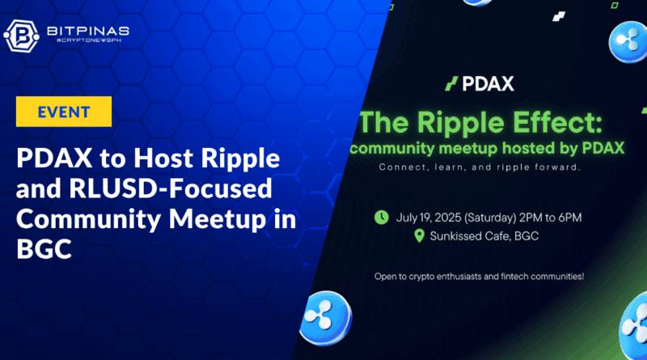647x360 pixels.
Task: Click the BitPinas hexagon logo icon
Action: click(22, 36)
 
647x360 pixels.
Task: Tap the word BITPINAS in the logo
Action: click(88, 31)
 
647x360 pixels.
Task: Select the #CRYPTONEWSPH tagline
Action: click(89, 40)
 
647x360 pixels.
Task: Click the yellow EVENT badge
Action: click(64, 112)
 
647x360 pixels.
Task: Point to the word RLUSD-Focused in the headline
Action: click(171, 188)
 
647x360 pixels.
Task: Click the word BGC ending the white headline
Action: click(44, 249)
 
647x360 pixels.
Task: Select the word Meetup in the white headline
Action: click(218, 219)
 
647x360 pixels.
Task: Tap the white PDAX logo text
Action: click(488, 84)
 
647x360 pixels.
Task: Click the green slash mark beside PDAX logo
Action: click(451, 84)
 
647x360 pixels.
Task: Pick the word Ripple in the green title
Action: click(460, 124)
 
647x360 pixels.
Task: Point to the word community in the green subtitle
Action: click(392, 149)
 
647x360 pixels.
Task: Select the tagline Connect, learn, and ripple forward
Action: click(480, 167)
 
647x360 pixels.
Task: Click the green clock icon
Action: click(381, 217)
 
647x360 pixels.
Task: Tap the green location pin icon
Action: click(419, 235)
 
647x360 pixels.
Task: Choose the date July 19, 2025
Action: click(429, 218)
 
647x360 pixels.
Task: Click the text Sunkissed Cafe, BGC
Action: click(484, 236)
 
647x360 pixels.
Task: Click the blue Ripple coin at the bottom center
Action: click(326, 317)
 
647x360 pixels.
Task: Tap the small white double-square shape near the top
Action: click(559, 16)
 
